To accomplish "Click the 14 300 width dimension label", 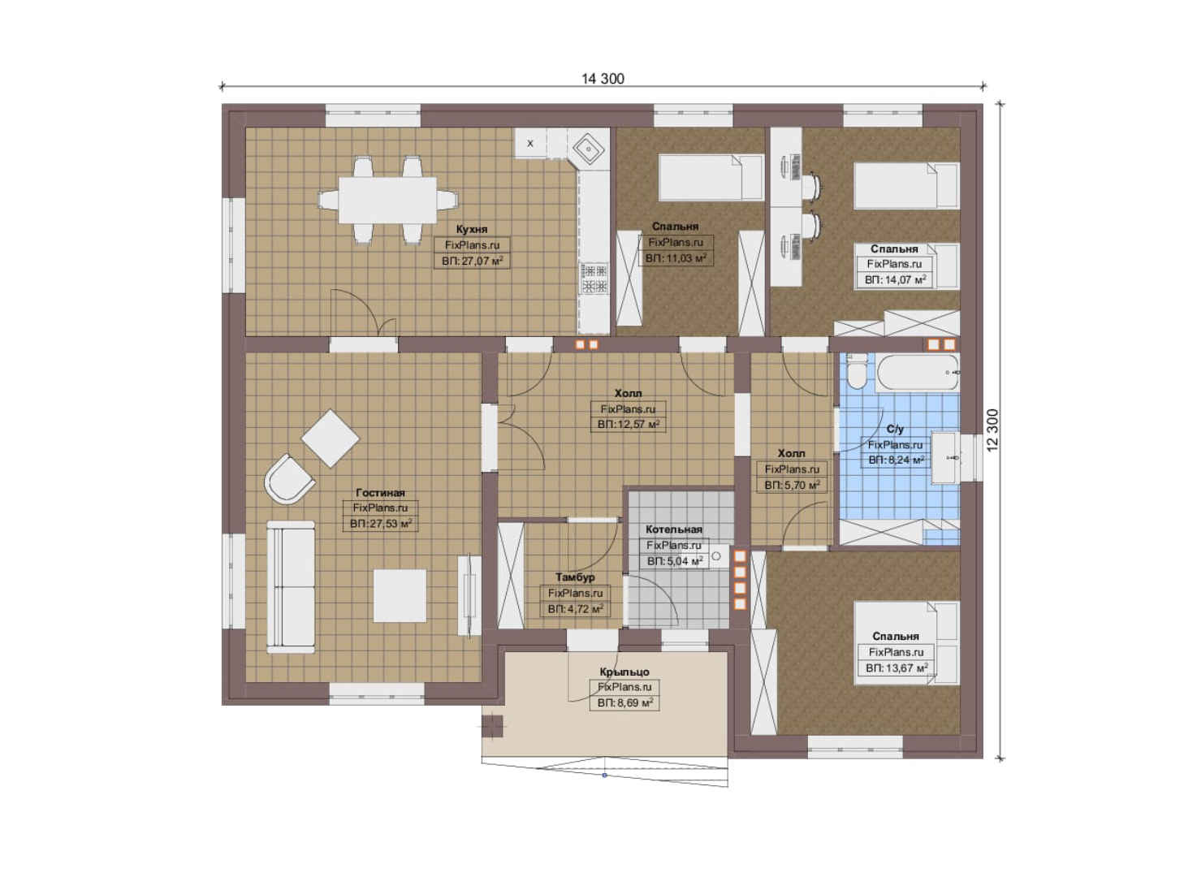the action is tap(603, 79).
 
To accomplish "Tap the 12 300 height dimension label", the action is tap(992, 430).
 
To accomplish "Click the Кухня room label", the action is tap(471, 229).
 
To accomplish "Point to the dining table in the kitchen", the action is tap(387, 200).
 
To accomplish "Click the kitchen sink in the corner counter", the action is tap(588, 148).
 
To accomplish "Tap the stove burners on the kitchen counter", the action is tap(594, 278).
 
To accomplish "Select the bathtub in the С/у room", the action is tap(918, 373).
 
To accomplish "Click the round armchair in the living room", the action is tap(288, 480).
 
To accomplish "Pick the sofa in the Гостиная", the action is tap(291, 587).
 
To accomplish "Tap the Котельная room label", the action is tap(673, 529).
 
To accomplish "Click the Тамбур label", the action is tap(575, 577).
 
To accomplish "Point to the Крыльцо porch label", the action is tap(624, 672).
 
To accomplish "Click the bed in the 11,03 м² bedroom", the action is tap(711, 178).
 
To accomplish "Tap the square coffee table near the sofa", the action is tap(400, 596).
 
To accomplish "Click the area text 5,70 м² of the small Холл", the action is tap(799, 486).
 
